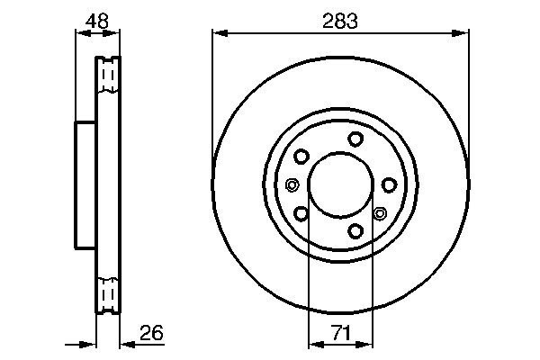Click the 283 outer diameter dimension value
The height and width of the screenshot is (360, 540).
[341, 20]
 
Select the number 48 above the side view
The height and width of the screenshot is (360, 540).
[97, 20]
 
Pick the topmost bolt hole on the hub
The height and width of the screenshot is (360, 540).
[356, 138]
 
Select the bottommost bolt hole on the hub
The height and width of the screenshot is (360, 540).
[356, 231]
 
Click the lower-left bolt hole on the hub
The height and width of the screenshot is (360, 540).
[301, 213]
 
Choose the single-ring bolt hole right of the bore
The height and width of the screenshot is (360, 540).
[389, 184]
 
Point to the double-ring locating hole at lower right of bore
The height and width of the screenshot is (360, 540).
[379, 213]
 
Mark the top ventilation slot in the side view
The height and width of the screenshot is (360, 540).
[107, 77]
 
